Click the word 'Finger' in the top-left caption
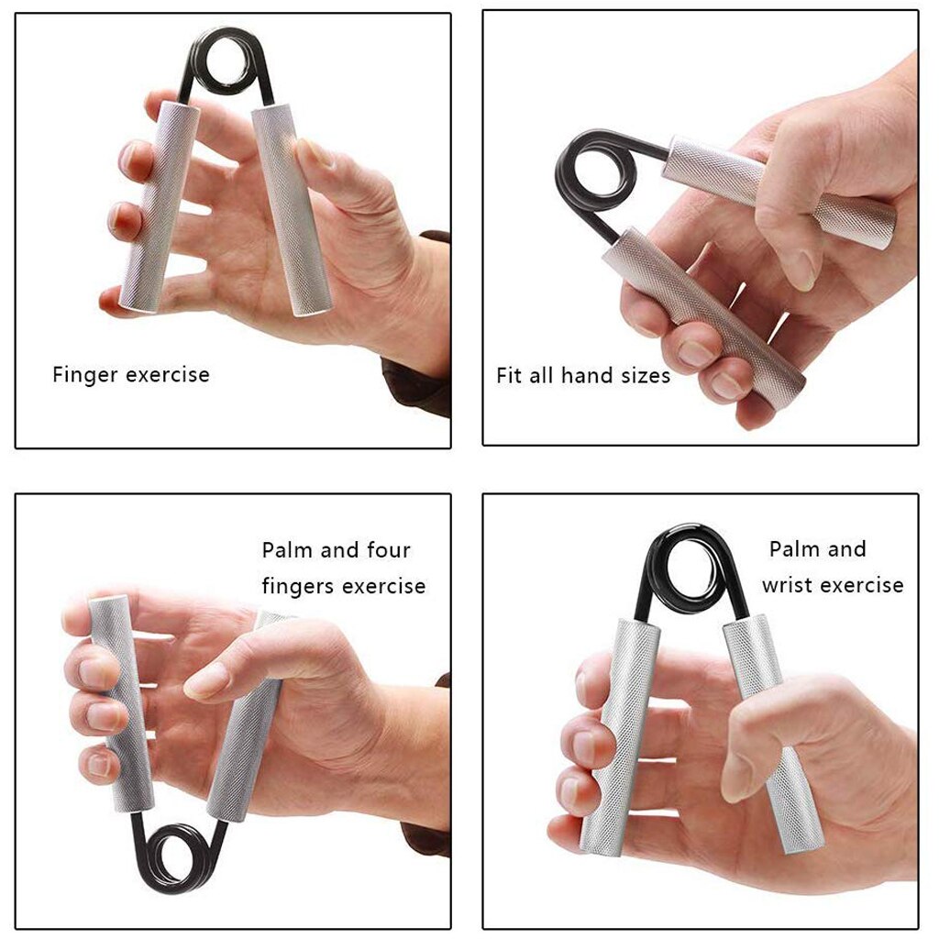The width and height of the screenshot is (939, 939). click(85, 375)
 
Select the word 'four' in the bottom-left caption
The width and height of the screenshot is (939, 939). click(389, 550)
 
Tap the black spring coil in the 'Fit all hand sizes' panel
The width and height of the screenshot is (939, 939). click(595, 174)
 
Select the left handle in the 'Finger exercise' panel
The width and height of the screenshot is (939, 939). click(160, 206)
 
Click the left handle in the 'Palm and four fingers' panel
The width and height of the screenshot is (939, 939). click(119, 697)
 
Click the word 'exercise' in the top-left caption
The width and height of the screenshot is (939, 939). click(168, 375)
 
